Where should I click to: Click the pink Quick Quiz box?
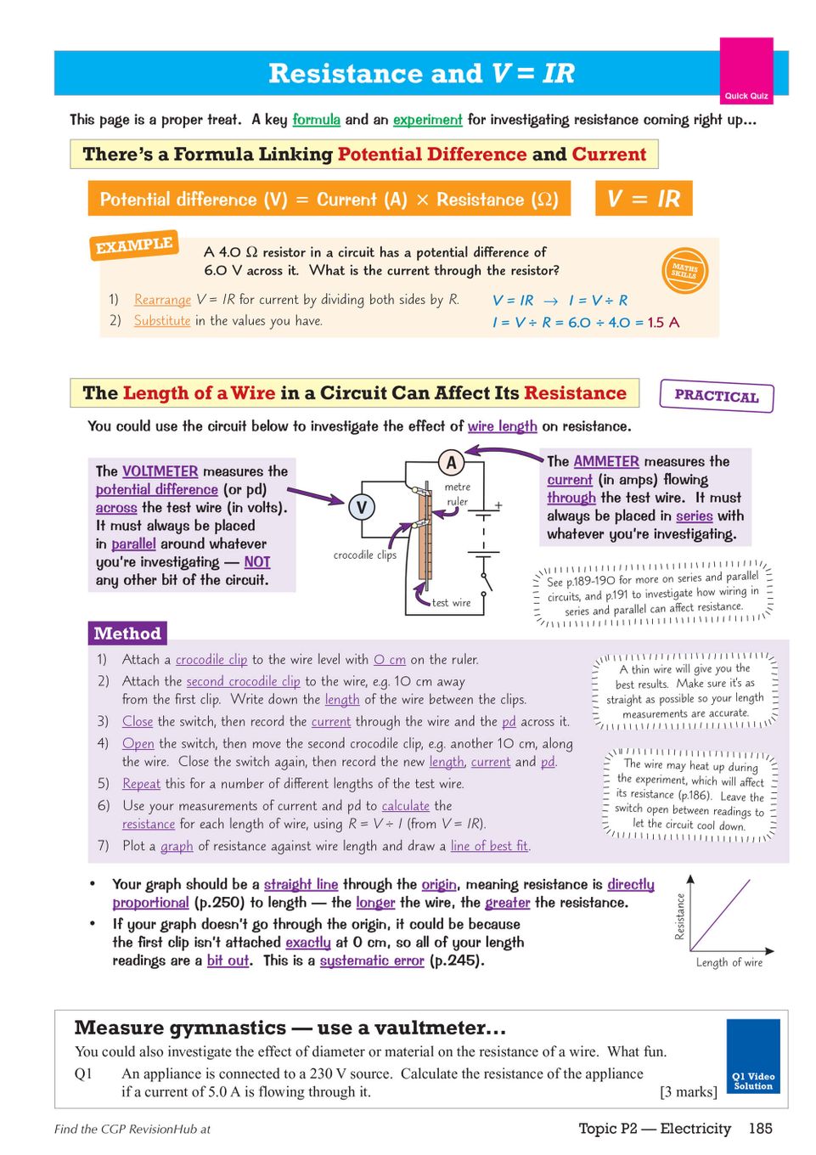(x=746, y=70)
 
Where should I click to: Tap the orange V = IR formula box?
(x=644, y=199)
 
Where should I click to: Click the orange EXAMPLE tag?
(x=134, y=245)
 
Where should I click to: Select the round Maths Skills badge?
(x=684, y=271)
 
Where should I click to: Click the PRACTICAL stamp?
(x=716, y=396)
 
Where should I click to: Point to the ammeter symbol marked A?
(x=452, y=463)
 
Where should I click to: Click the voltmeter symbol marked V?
(x=362, y=508)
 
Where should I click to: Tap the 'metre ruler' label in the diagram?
(x=457, y=493)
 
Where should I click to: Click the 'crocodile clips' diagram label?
(x=364, y=555)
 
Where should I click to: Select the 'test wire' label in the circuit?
(x=451, y=603)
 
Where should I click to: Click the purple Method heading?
(x=127, y=634)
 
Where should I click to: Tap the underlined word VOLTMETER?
(x=160, y=471)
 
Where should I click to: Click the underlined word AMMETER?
(x=606, y=461)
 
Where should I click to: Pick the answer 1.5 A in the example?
(x=663, y=323)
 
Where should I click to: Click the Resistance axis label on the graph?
(x=679, y=917)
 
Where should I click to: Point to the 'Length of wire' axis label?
(x=729, y=962)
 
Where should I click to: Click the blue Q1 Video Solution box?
(x=753, y=1056)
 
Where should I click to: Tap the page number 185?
(x=761, y=1129)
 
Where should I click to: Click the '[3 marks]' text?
(x=689, y=1092)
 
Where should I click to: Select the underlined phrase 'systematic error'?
(x=372, y=961)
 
